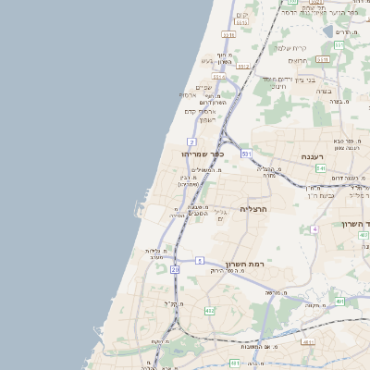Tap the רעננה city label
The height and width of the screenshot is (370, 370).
(318, 156)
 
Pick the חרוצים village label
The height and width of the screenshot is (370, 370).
(297, 61)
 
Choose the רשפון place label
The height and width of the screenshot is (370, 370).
(207, 120)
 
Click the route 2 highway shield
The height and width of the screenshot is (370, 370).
(191, 142)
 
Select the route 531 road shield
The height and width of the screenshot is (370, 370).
(246, 154)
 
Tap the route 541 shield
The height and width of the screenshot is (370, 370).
(320, 168)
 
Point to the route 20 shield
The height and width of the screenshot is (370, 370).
(175, 269)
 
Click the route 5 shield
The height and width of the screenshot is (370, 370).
(200, 262)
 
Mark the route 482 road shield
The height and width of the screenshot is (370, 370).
(210, 311)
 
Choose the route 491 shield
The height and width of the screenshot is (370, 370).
(340, 302)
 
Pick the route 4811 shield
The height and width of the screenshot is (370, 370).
(308, 341)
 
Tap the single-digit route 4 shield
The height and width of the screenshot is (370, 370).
(314, 228)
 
